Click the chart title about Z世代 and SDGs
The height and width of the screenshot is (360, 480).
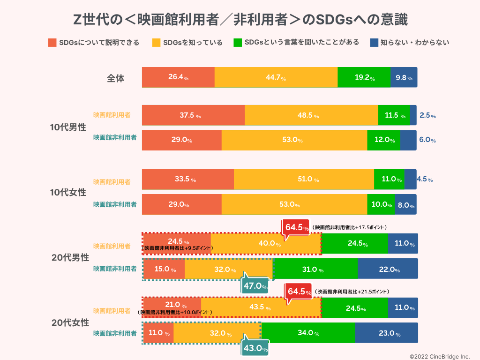click(240, 20)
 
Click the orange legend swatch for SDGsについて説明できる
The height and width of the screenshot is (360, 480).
click(52, 43)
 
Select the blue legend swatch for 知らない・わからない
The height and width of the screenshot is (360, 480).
click(374, 43)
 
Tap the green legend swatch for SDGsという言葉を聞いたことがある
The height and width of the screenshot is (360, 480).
click(237, 43)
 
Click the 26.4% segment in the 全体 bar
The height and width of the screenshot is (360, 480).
click(178, 77)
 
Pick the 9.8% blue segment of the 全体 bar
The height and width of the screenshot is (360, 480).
click(404, 77)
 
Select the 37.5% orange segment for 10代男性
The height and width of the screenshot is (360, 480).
click(193, 115)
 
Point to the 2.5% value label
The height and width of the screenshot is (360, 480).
click(427, 115)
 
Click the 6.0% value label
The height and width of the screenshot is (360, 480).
click(427, 140)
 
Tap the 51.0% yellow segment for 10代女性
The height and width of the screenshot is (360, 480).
click(304, 179)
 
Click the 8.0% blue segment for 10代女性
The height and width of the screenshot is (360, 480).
click(405, 204)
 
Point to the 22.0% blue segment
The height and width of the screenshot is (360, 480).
click(388, 270)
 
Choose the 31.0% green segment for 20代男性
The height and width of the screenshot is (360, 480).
click(315, 270)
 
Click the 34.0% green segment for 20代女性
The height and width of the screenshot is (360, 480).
click(308, 333)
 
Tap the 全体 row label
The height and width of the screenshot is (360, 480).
click(115, 78)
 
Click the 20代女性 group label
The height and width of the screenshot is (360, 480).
click(70, 322)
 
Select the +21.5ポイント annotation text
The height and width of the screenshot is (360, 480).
click(352, 292)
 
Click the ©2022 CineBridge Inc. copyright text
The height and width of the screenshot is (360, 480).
click(439, 356)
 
